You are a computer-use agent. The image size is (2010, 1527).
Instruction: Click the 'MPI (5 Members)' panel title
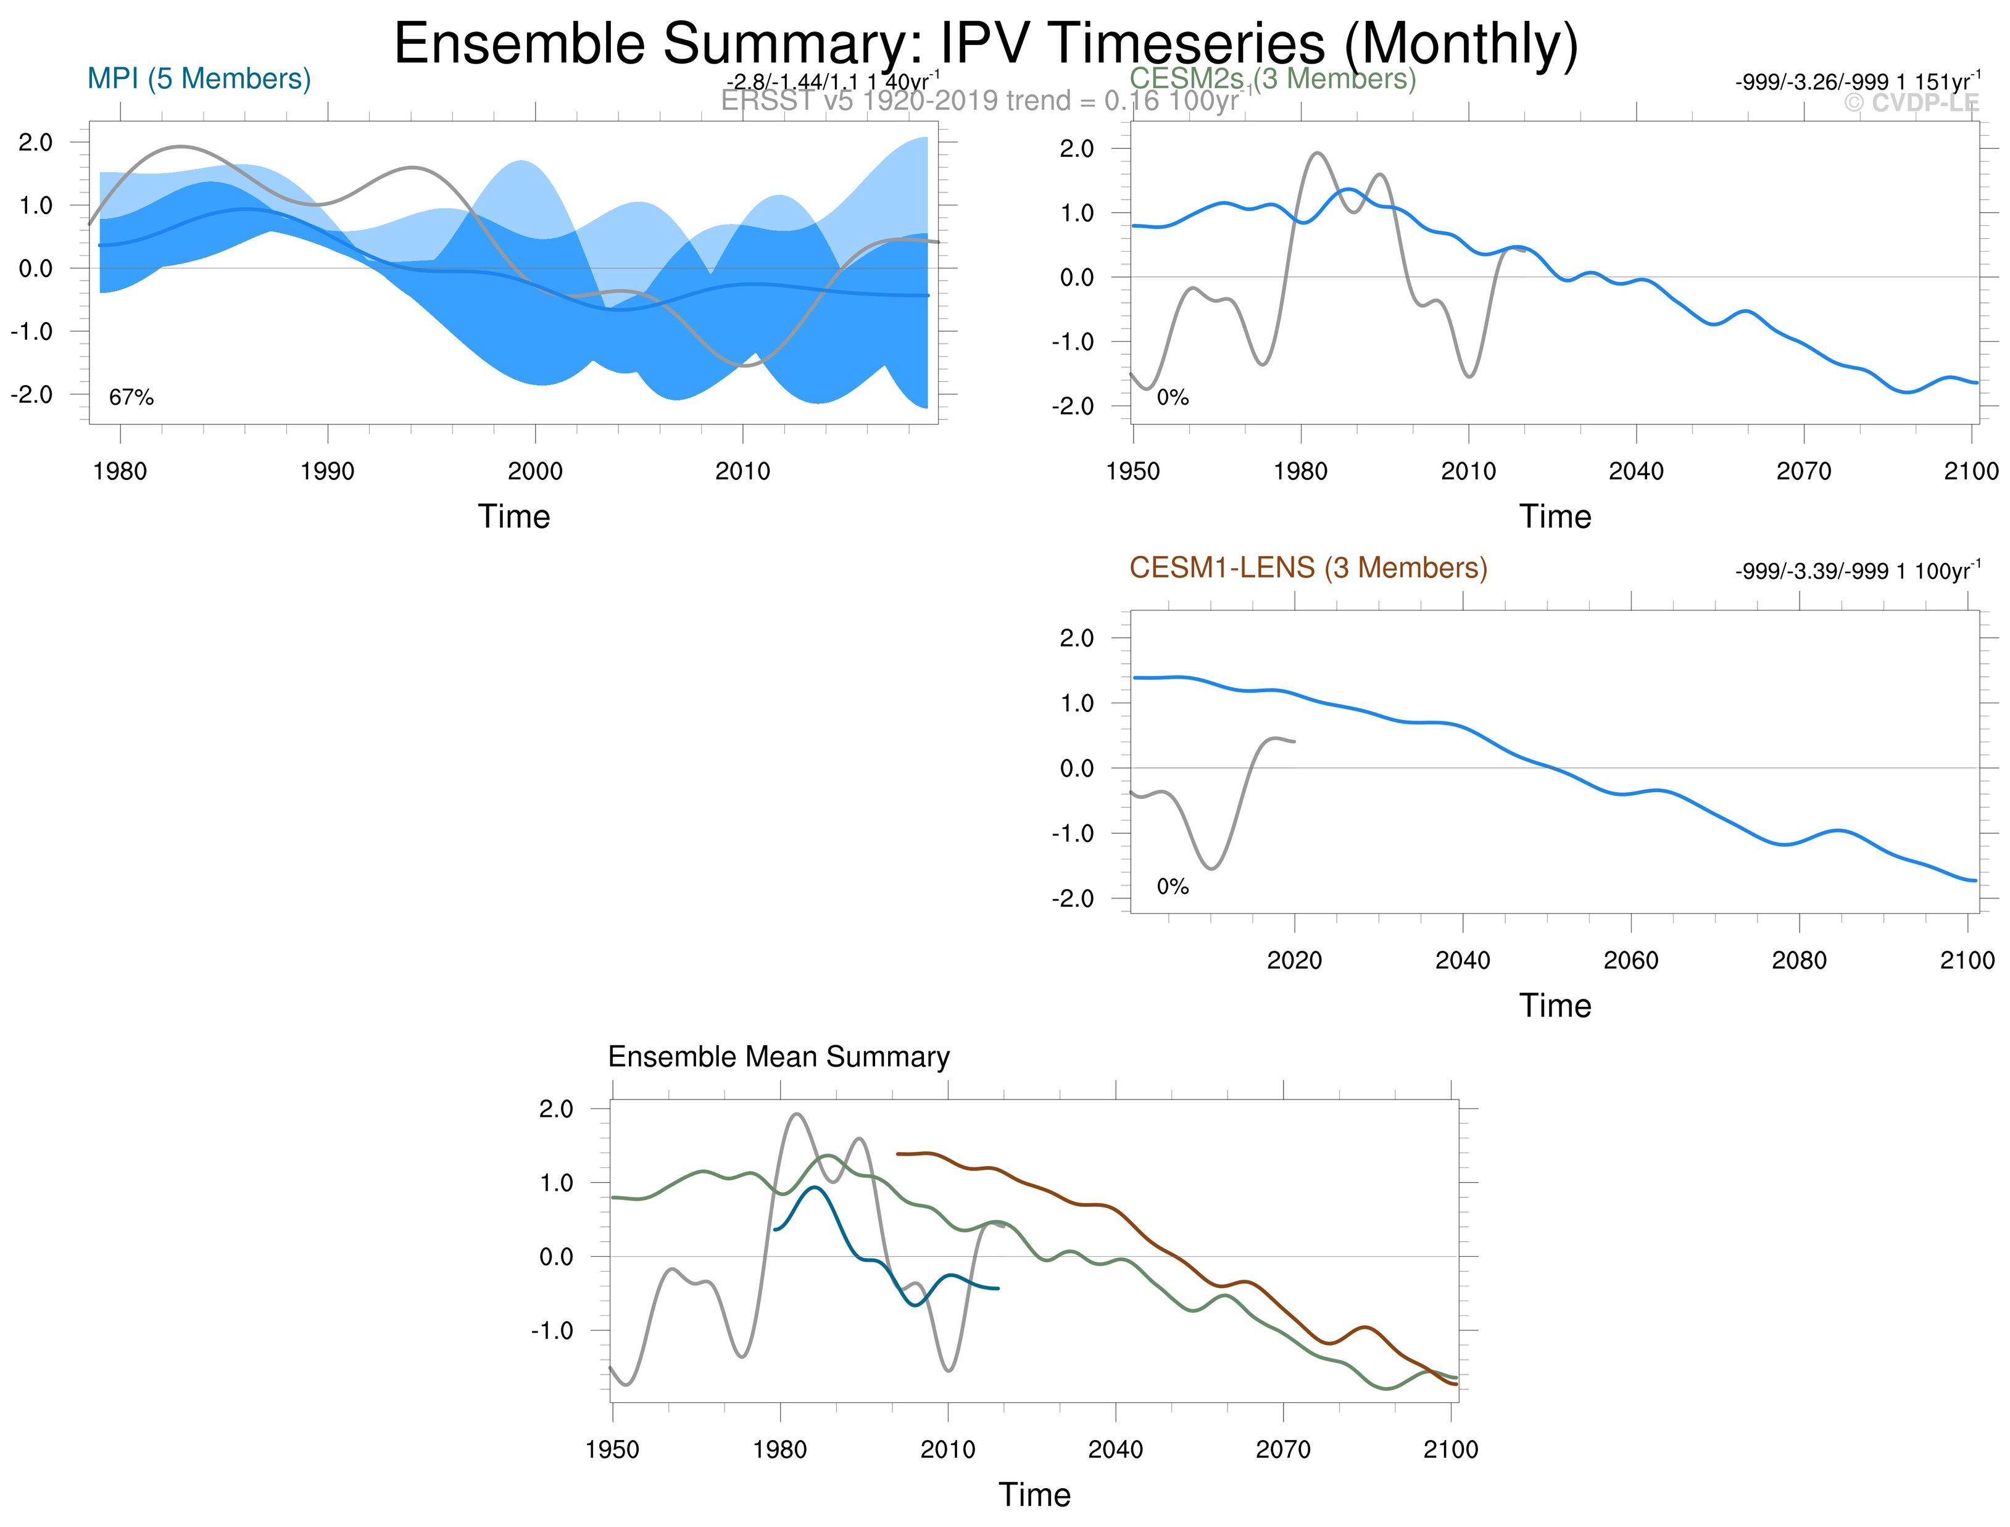(199, 79)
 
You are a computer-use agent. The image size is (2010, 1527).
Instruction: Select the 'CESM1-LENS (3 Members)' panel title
(1308, 568)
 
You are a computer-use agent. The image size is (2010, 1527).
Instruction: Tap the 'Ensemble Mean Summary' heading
(778, 1057)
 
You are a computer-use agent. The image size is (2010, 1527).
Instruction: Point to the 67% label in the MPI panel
(131, 397)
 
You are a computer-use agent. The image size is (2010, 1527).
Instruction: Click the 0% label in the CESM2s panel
(1173, 397)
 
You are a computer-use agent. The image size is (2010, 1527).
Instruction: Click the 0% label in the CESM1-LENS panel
(1173, 886)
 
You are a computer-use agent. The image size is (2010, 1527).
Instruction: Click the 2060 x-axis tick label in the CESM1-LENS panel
(1631, 961)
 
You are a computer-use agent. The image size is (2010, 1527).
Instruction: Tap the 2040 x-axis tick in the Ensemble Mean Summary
(1115, 1450)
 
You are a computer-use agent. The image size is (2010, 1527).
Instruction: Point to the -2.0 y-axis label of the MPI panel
(32, 394)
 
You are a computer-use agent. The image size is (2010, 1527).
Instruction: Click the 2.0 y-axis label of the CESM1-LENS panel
(1078, 638)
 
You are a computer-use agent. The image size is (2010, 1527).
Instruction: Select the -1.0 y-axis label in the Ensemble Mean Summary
(552, 1331)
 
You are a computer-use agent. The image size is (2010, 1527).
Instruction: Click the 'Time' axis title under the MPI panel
(513, 516)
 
